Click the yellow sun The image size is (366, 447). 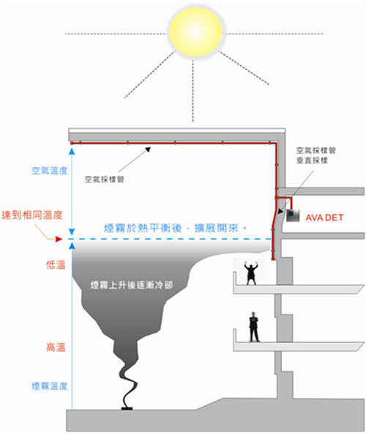[195, 32]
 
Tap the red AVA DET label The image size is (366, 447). [324, 218]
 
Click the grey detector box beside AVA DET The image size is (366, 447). [293, 215]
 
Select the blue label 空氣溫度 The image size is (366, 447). [50, 171]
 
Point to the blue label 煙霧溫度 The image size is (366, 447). [50, 386]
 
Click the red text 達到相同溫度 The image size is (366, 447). [32, 215]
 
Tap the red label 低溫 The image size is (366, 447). [56, 265]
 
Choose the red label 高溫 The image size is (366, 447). [56, 347]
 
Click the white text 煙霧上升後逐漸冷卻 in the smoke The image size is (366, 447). [132, 285]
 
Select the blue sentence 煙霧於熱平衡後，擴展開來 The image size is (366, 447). [175, 228]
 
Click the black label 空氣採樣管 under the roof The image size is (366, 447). [104, 180]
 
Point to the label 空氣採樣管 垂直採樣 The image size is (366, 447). [316, 155]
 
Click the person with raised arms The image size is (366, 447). [251, 273]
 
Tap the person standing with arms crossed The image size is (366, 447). [253, 327]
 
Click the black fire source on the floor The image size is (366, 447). [127, 408]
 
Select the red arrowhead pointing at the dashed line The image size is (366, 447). [59, 239]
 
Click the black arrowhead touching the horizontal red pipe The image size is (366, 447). [148, 149]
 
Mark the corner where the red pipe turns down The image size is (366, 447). [275, 144]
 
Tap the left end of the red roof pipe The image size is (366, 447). [72, 143]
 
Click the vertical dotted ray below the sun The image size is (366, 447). [193, 91]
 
